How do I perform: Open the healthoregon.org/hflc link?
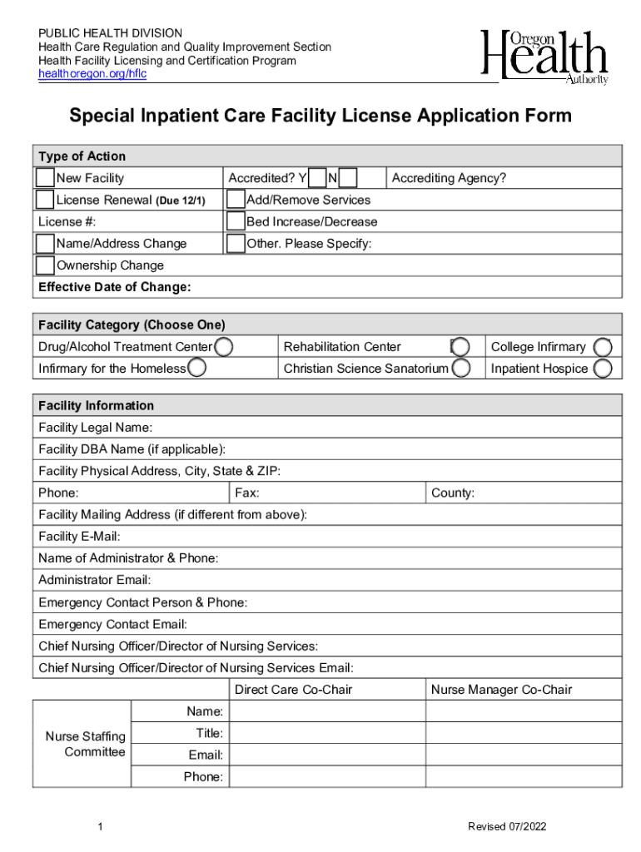92,74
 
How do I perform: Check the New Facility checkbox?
45,178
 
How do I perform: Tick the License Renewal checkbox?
45,200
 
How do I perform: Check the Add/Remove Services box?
236,200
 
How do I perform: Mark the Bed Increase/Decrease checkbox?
236,221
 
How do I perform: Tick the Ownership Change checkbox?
45,265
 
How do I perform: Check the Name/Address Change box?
45,243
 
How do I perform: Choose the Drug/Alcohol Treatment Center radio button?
223,346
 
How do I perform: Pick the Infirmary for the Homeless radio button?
196,368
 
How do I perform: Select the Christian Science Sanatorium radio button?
461,368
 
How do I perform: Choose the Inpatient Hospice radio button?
603,368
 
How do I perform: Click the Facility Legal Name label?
95,428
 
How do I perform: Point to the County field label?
452,493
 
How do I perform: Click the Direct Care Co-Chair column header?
293,690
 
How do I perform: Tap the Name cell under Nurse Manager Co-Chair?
524,711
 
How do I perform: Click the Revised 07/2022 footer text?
507,826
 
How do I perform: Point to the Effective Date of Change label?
114,287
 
